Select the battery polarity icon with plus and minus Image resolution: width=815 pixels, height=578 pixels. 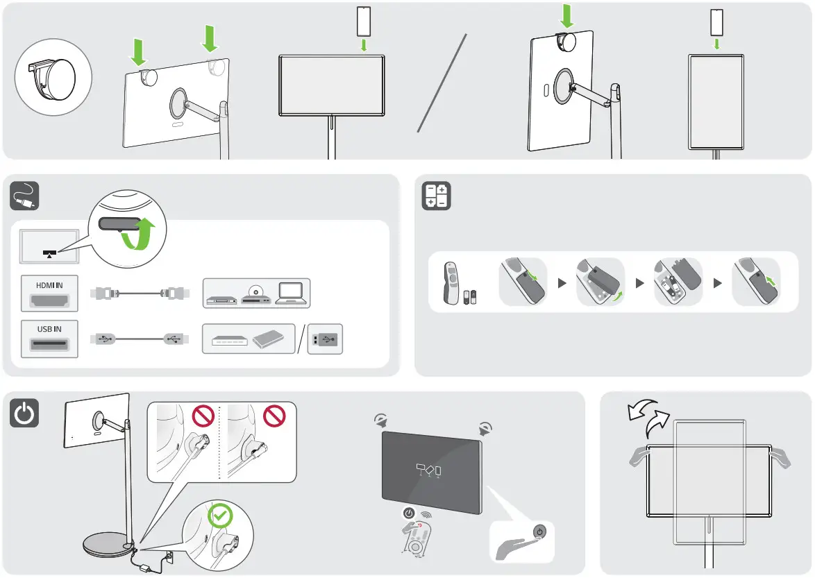point(437,196)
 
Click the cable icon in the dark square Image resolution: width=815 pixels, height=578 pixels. point(24,196)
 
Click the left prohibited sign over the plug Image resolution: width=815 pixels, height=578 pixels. point(202,418)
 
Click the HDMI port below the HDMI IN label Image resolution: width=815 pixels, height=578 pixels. point(49,300)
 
